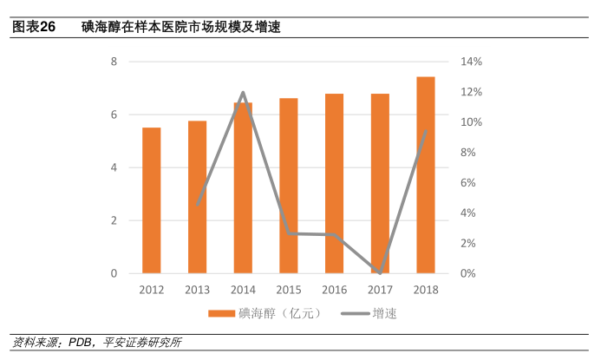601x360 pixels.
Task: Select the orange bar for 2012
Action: (x=152, y=200)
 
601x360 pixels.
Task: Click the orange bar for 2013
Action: (x=198, y=197)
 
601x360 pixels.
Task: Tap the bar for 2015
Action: (x=289, y=186)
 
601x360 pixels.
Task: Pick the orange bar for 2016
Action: (x=334, y=183)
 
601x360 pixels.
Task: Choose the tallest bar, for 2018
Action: (x=425, y=175)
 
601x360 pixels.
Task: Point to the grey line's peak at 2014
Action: (x=243, y=92)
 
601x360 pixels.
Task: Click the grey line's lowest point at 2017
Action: (x=380, y=273)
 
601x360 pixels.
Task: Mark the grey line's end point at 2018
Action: (x=425, y=131)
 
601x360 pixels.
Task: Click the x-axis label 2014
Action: (x=243, y=290)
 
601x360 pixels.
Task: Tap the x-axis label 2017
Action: (x=380, y=290)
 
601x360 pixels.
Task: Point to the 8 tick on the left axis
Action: (x=114, y=62)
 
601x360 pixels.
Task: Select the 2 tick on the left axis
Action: (x=114, y=220)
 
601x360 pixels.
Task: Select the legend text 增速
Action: (x=386, y=313)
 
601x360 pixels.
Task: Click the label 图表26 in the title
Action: (x=33, y=28)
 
